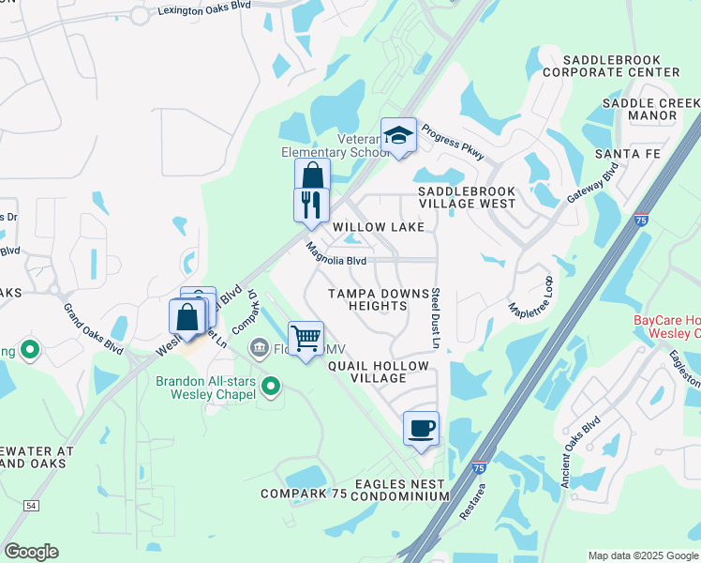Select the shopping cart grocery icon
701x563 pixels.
(x=306, y=338)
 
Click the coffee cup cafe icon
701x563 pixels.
(x=421, y=428)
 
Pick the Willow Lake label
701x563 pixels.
(x=379, y=227)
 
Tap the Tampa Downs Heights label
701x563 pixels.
(x=380, y=299)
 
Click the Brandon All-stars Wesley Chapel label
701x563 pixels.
(x=205, y=388)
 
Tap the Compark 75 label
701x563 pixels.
(x=304, y=494)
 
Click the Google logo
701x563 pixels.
(x=31, y=552)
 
